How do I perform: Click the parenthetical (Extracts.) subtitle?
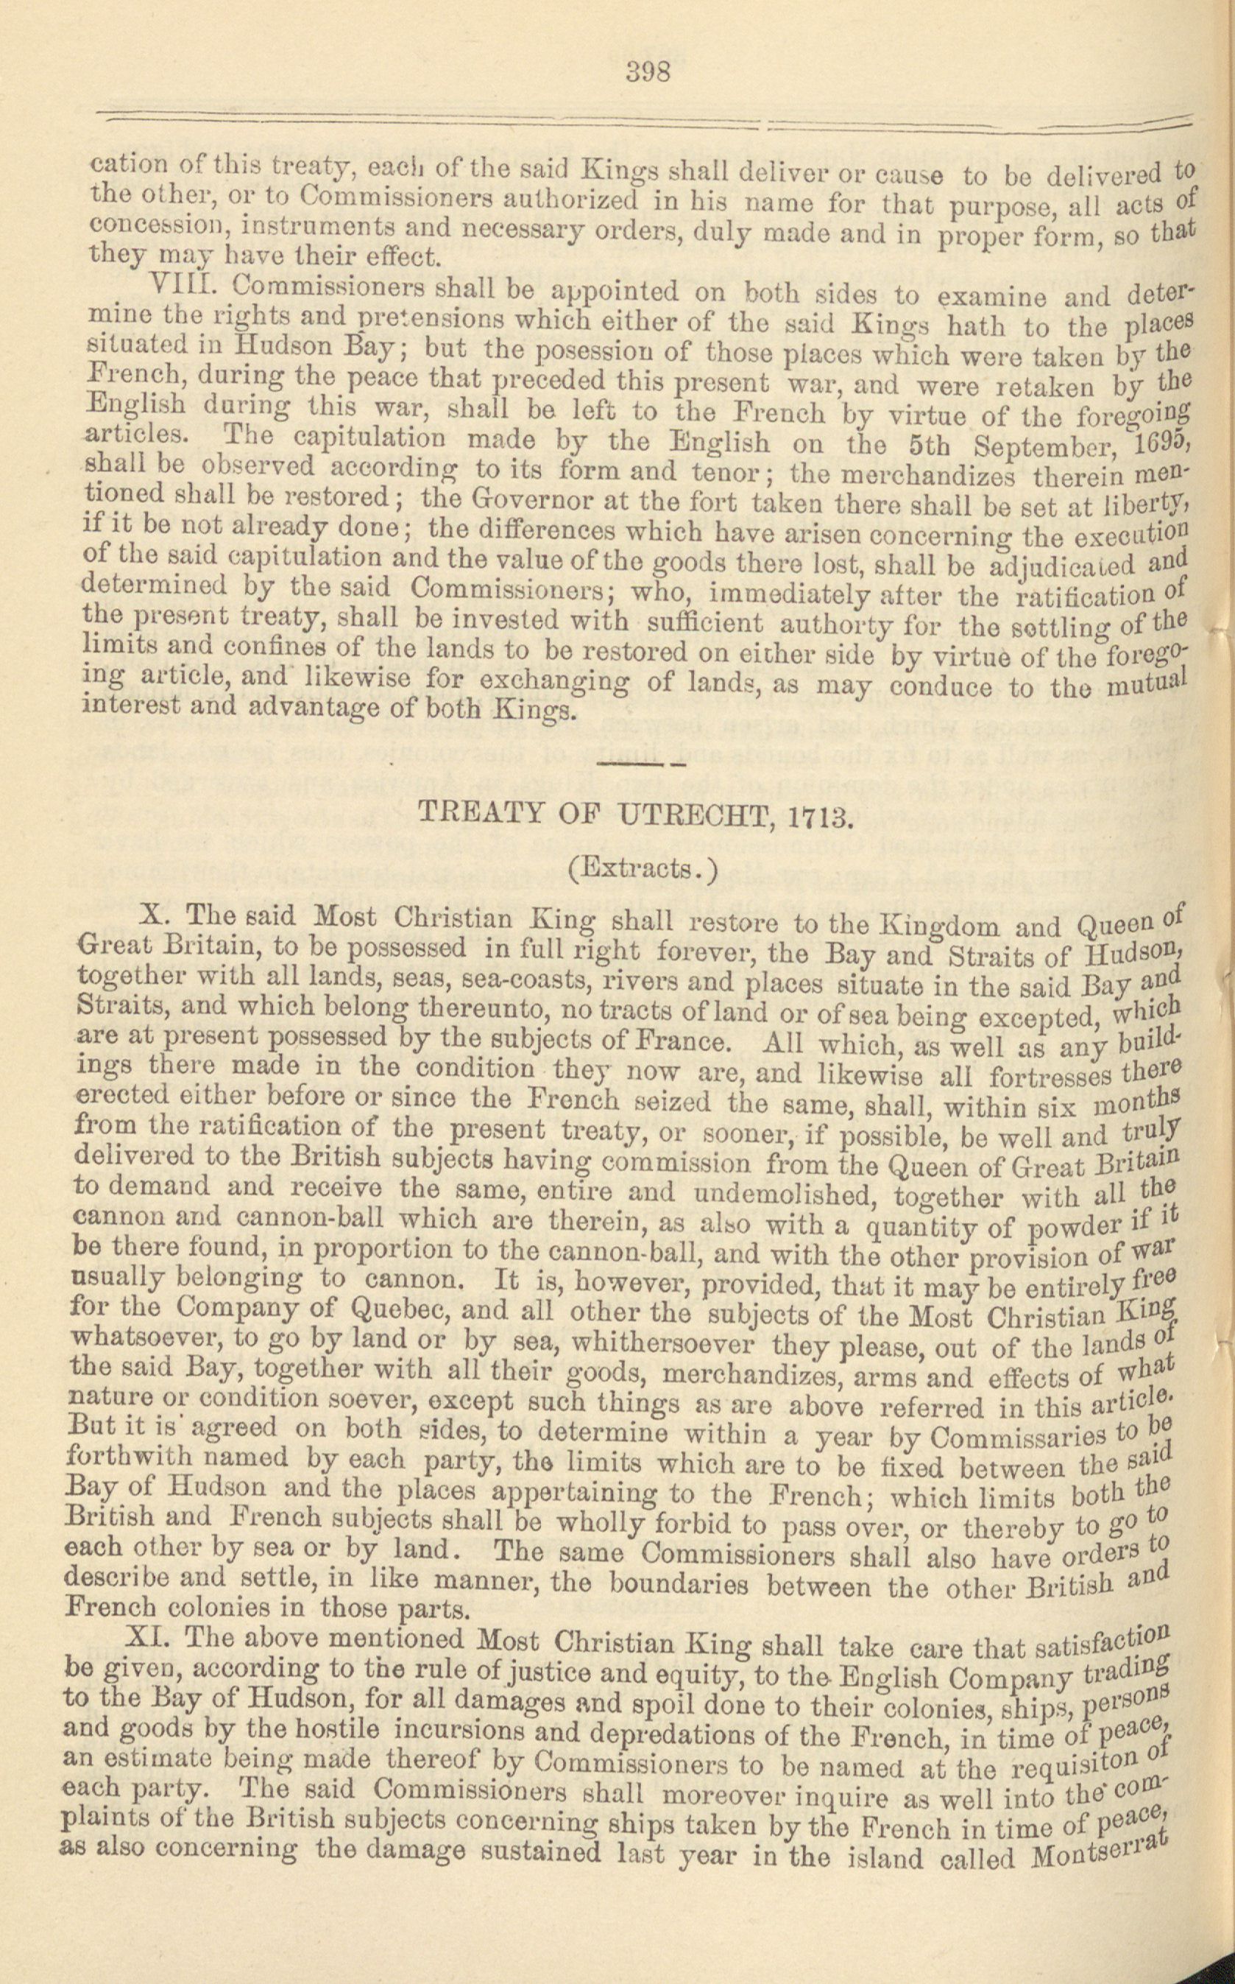[641, 868]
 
